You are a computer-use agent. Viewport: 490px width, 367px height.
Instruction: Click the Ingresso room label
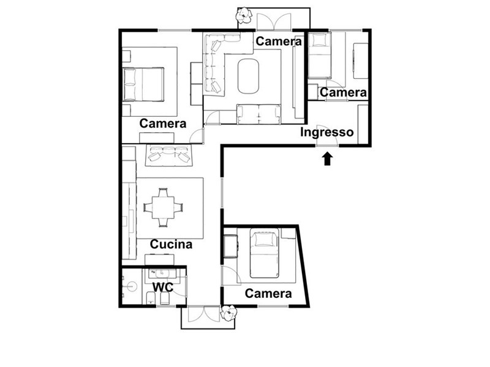327,133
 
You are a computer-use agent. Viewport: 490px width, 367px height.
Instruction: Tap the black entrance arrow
327,158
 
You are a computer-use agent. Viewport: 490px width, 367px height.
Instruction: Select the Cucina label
171,244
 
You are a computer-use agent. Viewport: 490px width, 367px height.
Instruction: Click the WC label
163,287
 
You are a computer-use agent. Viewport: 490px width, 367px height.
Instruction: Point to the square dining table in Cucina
163,207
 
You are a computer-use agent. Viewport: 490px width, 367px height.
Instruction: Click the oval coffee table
248,76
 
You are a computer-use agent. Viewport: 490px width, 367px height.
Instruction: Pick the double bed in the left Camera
143,84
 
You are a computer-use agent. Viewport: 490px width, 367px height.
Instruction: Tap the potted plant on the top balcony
243,15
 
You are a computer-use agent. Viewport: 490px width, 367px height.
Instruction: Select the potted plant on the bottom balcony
228,313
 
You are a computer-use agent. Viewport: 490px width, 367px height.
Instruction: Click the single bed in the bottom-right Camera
264,253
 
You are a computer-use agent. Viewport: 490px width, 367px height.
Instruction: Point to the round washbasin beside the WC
132,286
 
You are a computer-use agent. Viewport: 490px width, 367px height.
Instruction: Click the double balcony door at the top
274,22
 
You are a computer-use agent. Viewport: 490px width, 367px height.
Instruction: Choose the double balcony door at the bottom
204,314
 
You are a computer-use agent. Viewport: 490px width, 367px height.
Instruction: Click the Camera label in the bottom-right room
268,294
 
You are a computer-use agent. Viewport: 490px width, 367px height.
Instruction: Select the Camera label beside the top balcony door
279,42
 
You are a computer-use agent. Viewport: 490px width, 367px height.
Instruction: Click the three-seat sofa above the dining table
169,155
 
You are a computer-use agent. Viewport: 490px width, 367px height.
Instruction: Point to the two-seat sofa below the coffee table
258,114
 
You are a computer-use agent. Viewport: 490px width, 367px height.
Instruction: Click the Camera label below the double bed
162,124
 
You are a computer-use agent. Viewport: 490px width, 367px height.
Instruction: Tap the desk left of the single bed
231,247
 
